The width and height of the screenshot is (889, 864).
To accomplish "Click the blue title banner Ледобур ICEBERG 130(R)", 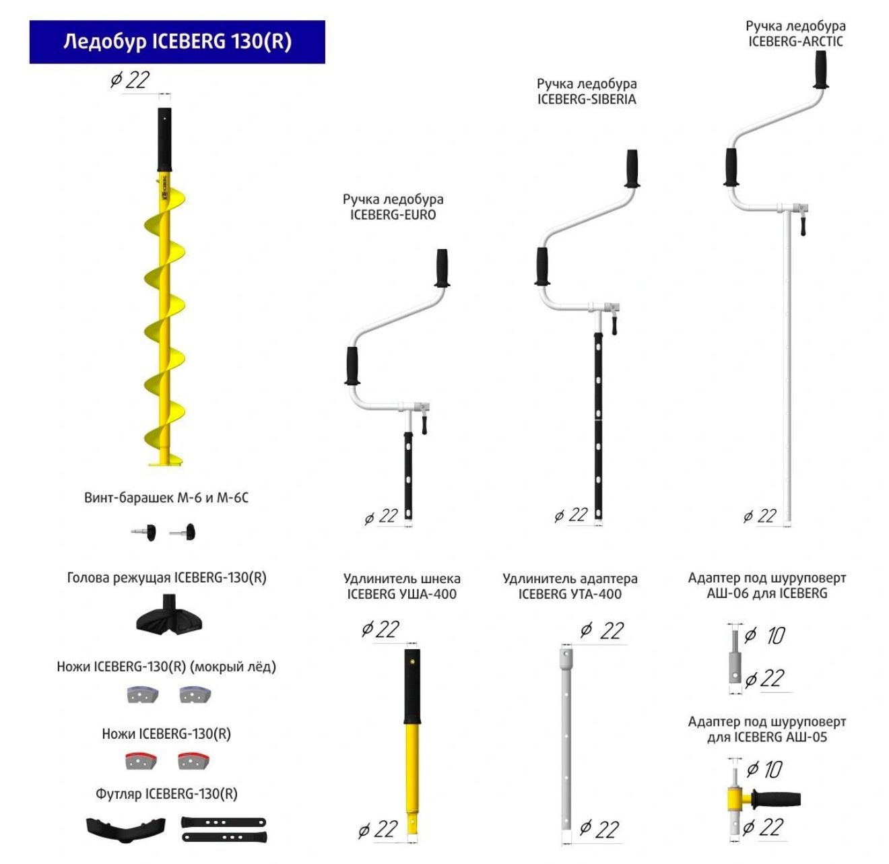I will (177, 42).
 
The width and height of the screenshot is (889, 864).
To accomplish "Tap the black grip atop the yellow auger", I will (164, 139).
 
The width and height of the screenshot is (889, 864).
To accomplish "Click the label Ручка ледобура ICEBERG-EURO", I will (393, 207).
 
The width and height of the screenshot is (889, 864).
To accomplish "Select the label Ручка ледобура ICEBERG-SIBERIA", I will (587, 92).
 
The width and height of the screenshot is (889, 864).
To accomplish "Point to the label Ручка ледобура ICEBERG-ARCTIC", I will (795, 34).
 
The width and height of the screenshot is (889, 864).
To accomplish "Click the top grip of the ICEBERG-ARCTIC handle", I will (821, 69).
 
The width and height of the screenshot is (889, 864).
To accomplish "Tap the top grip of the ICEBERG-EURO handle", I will (442, 267).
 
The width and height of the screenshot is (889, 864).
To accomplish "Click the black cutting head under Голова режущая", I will (170, 616).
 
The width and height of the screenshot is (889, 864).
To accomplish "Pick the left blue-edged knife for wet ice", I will (142, 694).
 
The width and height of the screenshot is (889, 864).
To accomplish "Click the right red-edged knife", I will (194, 761).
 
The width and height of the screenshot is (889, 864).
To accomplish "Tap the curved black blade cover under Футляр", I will (126, 829).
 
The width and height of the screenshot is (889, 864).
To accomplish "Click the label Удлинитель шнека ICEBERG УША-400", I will (401, 587).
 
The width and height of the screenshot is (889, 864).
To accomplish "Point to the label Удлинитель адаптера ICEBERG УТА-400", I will (570, 587).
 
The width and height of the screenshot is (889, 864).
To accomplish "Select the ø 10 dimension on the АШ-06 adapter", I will (765, 635).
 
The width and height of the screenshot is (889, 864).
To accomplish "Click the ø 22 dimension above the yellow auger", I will (130, 80).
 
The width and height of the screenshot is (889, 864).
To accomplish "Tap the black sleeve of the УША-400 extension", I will (412, 686).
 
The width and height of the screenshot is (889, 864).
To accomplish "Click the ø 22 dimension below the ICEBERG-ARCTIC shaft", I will (760, 517).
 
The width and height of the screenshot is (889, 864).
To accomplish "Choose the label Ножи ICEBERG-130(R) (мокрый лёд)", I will (166, 667).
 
